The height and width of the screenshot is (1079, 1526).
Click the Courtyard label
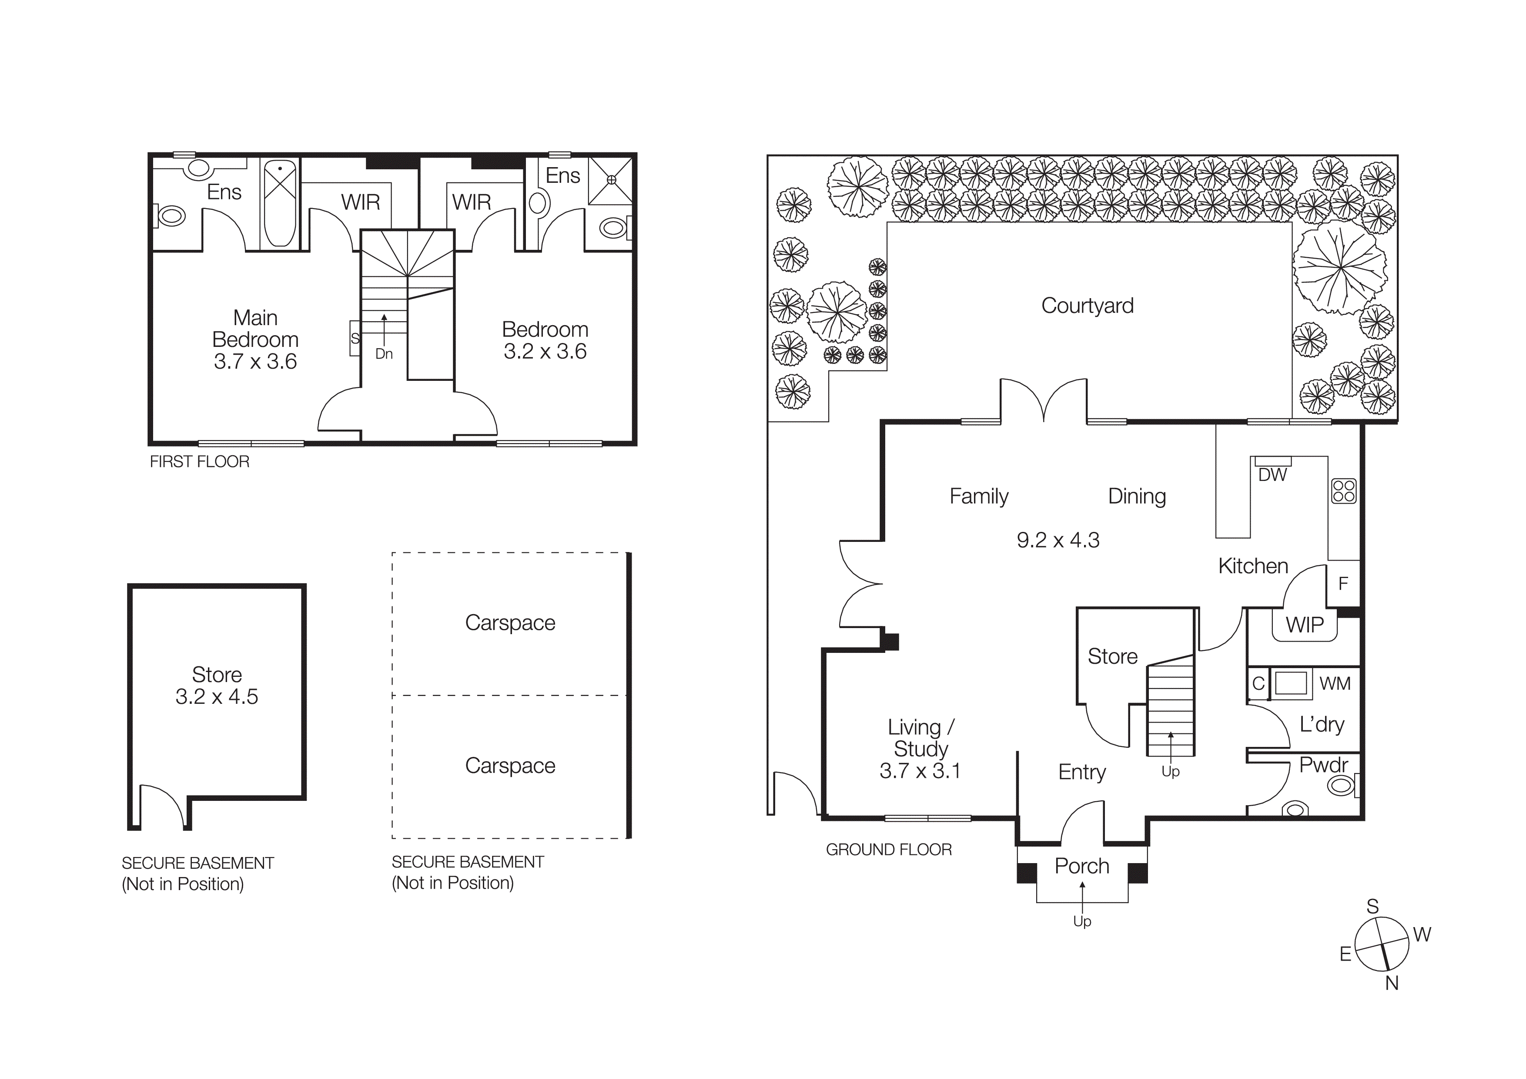point(1088,306)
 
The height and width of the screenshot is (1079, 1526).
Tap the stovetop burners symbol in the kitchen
point(1343,491)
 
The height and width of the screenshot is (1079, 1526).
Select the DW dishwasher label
point(1272,475)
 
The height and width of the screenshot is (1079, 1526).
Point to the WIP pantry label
point(1304,625)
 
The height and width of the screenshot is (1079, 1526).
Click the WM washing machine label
point(1335,683)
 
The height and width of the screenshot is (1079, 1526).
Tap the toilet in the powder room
point(1341,786)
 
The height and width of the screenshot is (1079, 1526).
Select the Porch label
point(1082,866)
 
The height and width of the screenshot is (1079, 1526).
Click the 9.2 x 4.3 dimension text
point(1058,540)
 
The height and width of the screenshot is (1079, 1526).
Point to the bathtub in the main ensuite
point(280,203)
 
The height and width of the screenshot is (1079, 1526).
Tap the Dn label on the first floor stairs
point(384,354)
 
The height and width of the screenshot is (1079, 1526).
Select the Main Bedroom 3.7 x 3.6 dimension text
point(255,362)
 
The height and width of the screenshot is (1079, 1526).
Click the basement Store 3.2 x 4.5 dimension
point(217,697)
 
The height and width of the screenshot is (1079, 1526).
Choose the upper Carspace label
point(510,623)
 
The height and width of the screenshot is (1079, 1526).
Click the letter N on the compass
point(1391,983)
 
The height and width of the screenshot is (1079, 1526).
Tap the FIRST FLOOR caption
point(199,461)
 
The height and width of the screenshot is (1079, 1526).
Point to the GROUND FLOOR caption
point(889,850)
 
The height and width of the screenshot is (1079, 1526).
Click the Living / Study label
point(920,738)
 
